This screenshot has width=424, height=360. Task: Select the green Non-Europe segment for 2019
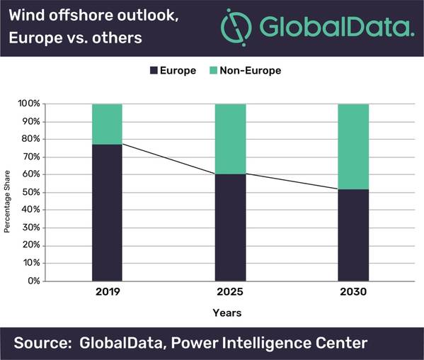click(x=107, y=124)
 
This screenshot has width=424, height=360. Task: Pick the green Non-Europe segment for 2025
click(x=231, y=139)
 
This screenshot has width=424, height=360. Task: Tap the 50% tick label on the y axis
click(x=30, y=192)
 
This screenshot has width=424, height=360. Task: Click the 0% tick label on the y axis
click(x=33, y=281)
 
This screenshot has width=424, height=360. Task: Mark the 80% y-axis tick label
click(x=30, y=139)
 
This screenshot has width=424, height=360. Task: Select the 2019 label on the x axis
click(x=107, y=292)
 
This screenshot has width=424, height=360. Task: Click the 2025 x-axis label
click(x=231, y=292)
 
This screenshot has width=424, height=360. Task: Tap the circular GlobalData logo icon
click(x=236, y=27)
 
